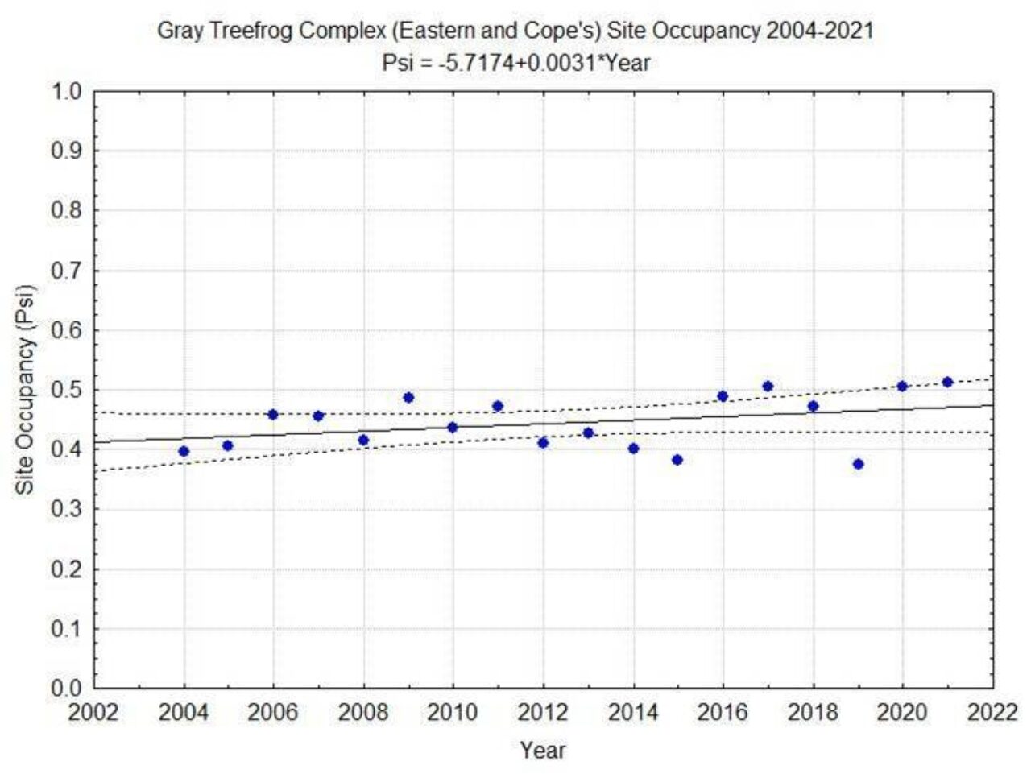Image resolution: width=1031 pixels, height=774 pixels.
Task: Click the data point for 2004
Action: (184, 451)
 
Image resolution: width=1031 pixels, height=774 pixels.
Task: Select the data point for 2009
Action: (408, 397)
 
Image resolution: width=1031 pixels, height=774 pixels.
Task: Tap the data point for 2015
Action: (677, 460)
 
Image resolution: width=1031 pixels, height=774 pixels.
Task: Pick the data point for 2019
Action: (858, 464)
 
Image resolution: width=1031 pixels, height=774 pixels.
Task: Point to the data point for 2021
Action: (947, 382)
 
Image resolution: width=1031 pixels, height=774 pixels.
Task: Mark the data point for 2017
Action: (768, 387)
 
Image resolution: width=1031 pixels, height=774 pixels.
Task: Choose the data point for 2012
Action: (543, 442)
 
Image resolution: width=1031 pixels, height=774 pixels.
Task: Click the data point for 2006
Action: (273, 414)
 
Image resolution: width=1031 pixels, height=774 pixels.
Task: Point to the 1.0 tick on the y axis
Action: (68, 91)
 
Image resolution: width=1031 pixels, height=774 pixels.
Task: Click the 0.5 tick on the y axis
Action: (68, 390)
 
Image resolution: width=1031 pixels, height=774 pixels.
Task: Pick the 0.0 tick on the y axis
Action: (68, 689)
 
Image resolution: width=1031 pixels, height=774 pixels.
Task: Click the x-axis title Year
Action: (542, 751)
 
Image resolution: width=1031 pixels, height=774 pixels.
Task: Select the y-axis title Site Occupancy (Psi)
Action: (28, 390)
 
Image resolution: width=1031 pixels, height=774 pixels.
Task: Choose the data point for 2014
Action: (633, 448)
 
